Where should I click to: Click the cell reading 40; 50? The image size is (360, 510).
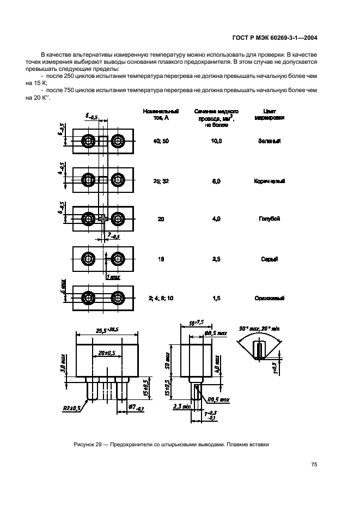161,141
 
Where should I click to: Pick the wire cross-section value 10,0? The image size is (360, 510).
216,141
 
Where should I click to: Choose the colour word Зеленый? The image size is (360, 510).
270,141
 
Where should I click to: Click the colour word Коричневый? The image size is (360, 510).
270,181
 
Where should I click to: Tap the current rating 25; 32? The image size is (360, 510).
161,181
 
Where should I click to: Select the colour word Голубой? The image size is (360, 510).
270,218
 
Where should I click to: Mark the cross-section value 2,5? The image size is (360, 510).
216,259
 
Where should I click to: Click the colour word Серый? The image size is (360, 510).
270,259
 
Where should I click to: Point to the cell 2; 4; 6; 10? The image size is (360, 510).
161,298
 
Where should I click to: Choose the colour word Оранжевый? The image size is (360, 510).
270,298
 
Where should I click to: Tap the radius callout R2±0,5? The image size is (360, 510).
70,407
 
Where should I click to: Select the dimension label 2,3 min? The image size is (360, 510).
180,406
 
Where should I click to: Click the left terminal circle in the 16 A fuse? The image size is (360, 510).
88,259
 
